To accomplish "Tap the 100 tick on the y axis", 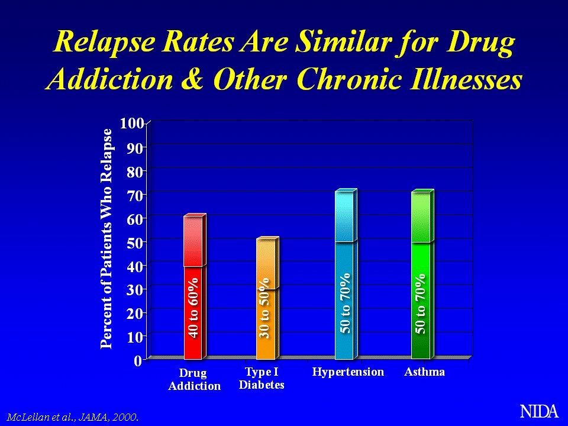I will [132, 123].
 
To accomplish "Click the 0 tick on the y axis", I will [137, 360].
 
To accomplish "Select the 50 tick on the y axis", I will [134, 242].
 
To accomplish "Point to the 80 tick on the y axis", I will [134, 171].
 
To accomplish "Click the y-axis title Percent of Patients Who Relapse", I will [106, 238].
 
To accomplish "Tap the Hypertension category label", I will [348, 372].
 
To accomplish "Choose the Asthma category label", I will [425, 372].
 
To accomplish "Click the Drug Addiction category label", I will [194, 379].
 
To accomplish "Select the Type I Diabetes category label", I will [262, 378].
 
